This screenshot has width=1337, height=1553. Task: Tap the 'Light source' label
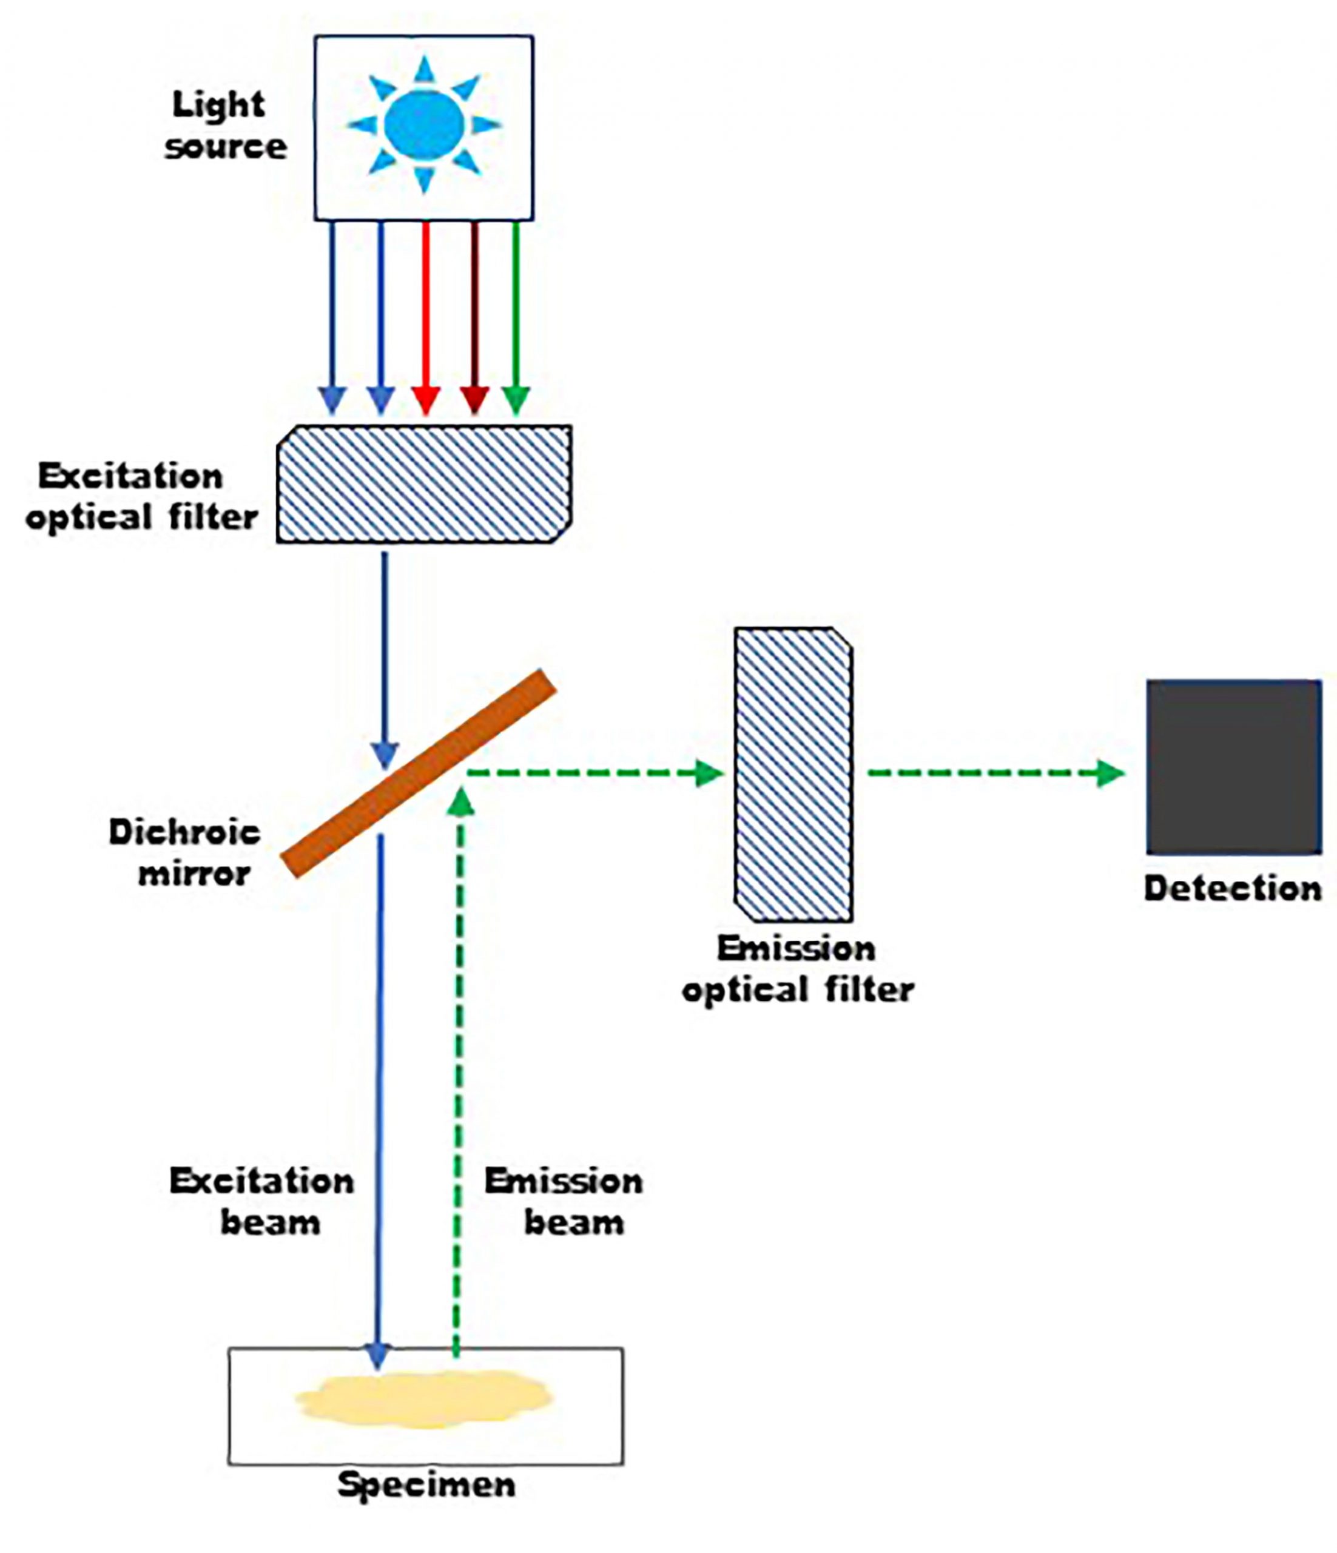[x=224, y=125]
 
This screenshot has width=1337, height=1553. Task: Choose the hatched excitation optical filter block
[x=424, y=483]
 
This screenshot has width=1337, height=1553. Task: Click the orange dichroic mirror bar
[x=418, y=773]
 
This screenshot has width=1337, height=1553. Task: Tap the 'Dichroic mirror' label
[x=186, y=852]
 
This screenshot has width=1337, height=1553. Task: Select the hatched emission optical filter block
[x=793, y=774]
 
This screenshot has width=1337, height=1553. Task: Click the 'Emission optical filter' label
[x=797, y=968]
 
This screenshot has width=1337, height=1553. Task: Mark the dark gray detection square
[x=1234, y=767]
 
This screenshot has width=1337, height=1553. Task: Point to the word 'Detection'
[x=1233, y=888]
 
